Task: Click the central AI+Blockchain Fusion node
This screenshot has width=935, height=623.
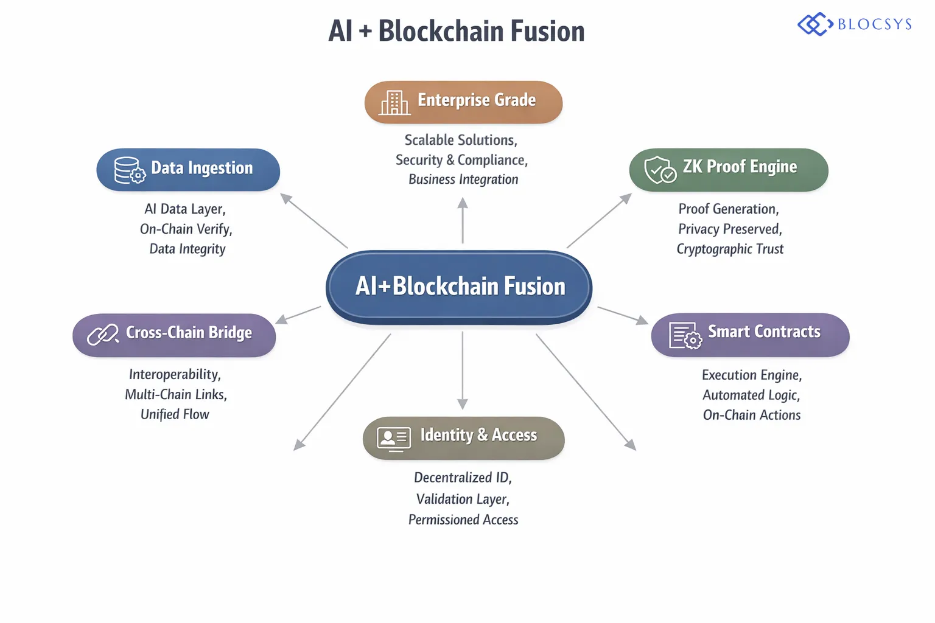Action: click(x=460, y=287)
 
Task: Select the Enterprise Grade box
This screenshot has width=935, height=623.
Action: click(x=463, y=102)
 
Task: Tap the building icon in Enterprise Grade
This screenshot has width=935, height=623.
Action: click(x=394, y=102)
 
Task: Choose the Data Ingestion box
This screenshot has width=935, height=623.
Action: click(x=188, y=169)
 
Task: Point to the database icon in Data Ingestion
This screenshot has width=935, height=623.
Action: click(x=129, y=170)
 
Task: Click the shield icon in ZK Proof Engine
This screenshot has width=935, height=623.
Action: click(x=660, y=170)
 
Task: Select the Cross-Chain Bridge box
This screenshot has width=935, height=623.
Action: click(x=174, y=334)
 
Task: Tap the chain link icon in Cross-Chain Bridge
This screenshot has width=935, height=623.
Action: click(x=102, y=334)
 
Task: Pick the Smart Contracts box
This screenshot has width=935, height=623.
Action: click(x=750, y=334)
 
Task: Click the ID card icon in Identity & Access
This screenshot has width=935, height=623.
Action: click(x=393, y=438)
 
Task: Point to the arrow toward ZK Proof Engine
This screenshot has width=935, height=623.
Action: click(x=599, y=220)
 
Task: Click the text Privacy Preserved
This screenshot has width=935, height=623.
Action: click(x=730, y=229)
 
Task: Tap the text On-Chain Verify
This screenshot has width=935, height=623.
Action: click(x=186, y=229)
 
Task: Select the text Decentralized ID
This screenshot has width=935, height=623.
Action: click(x=463, y=478)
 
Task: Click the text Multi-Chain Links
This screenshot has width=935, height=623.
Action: click(x=176, y=395)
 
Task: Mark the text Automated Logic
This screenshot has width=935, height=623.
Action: click(x=751, y=395)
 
